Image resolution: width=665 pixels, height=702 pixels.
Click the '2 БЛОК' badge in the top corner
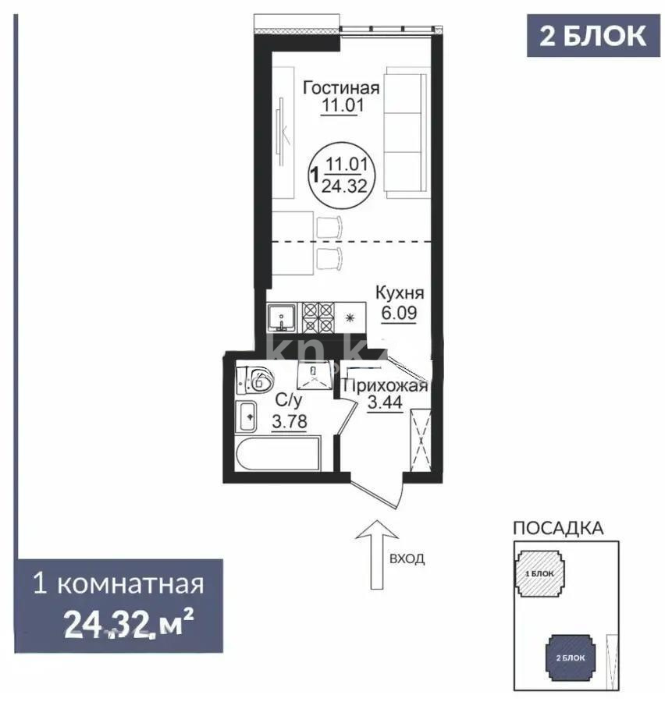coord(592,36)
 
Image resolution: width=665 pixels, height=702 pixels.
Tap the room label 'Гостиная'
coord(341,87)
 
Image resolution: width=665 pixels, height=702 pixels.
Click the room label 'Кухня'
coord(399,293)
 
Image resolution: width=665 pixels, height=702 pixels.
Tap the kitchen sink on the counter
coord(280,317)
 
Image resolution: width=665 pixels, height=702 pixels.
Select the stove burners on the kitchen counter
coord(317,317)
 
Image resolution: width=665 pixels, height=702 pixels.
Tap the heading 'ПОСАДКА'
coord(557,527)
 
